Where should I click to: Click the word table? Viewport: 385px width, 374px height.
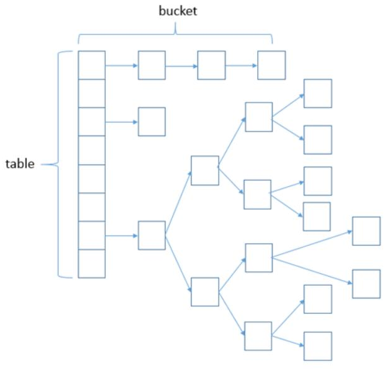click(20, 165)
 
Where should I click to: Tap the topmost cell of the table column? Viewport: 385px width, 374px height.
click(91, 65)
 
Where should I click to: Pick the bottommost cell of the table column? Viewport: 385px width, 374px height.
click(91, 264)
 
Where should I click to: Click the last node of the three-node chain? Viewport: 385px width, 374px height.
click(271, 65)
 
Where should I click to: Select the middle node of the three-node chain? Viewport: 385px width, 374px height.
click(211, 65)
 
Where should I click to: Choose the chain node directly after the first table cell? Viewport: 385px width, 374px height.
click(151, 65)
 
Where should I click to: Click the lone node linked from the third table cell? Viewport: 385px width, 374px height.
click(151, 122)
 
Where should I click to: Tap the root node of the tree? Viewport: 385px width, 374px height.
click(151, 236)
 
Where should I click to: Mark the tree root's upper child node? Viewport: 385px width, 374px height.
click(205, 170)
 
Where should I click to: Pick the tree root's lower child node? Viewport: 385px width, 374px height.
click(205, 292)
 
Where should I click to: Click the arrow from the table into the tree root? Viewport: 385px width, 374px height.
click(121, 236)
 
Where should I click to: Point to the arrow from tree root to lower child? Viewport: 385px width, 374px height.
click(178, 263)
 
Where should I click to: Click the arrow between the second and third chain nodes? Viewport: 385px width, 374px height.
click(241, 65)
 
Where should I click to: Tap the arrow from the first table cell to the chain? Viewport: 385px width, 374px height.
click(121, 65)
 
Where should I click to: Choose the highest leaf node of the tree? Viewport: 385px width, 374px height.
click(317, 93)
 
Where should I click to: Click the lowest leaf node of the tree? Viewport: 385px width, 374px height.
click(317, 346)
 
